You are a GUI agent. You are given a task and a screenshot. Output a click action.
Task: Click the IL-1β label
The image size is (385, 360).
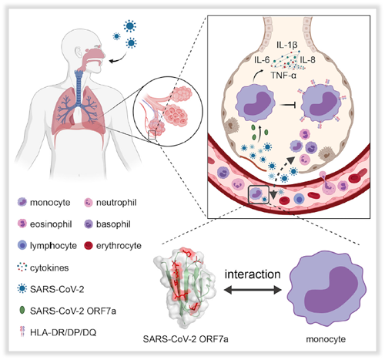click(x=287, y=45)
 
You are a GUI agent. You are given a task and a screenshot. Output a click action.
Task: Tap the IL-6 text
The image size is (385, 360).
click(x=262, y=60)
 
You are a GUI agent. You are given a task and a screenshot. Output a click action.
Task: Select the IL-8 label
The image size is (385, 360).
click(x=307, y=60)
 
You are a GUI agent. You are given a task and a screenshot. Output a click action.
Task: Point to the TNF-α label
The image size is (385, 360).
click(x=283, y=76)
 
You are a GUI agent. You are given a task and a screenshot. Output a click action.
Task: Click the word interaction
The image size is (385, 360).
click(x=253, y=274)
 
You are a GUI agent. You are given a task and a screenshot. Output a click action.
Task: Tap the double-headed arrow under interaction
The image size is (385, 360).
click(x=253, y=290)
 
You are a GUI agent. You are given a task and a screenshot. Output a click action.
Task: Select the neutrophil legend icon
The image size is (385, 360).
click(x=89, y=203)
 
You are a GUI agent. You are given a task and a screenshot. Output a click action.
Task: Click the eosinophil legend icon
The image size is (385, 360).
click(x=22, y=224)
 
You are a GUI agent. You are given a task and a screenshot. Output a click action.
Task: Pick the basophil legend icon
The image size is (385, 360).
click(x=89, y=224)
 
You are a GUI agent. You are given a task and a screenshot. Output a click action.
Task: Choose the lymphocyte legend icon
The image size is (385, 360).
click(x=22, y=245)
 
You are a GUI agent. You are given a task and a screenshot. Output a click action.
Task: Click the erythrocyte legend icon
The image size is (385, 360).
click(x=89, y=245)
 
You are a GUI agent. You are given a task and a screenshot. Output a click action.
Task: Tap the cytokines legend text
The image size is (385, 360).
click(x=49, y=267)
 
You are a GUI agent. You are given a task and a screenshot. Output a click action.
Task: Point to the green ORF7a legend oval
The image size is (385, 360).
click(x=22, y=311)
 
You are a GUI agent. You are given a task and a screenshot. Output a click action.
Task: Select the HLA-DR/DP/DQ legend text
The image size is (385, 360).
click(x=63, y=332)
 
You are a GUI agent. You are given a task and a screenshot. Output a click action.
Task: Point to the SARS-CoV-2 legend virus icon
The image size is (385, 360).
click(x=22, y=289)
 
